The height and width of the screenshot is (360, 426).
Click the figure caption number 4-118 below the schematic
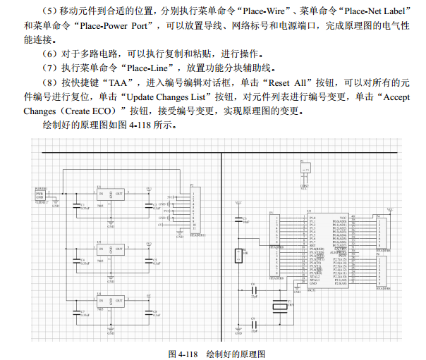[x=184, y=352]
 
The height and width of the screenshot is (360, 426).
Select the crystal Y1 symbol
[x=282, y=304]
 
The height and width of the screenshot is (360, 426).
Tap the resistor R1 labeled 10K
[x=239, y=256]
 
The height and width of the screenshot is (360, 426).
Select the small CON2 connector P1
[x=305, y=169]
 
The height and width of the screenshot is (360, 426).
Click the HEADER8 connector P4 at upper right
[x=383, y=232]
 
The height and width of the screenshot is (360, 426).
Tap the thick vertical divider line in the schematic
[x=222, y=240]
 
